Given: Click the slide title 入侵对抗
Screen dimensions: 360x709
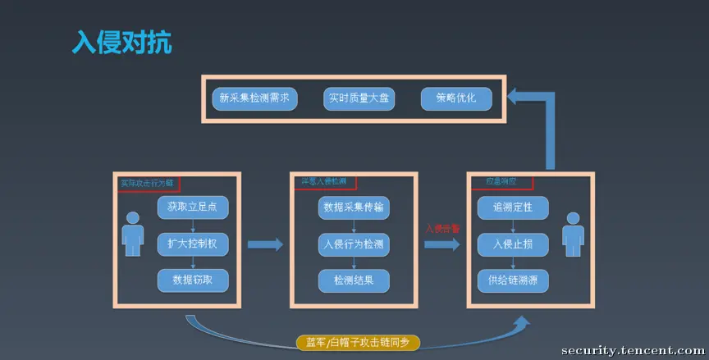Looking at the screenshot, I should coord(122,43).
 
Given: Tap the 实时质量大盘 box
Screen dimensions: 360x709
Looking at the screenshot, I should coord(359,99).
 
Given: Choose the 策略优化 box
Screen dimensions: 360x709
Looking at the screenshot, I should coord(457,99).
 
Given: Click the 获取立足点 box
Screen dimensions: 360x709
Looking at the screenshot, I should coord(192,206).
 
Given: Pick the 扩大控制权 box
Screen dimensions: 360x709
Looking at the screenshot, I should coord(192,244).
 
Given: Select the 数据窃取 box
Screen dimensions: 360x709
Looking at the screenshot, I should coord(192,280).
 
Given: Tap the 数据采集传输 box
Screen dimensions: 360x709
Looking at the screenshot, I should coord(354,207).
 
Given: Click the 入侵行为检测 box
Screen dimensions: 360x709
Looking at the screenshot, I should coord(354,244).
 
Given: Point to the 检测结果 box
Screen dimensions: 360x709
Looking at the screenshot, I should coord(354,280).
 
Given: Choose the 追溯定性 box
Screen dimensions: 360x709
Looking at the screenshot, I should coord(513,207).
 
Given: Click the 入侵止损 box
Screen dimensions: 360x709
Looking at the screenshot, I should coord(513,244).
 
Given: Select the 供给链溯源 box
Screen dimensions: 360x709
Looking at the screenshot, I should coord(513,280).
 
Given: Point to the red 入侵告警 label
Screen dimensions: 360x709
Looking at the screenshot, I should coord(442,229).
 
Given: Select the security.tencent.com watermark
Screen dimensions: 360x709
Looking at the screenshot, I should coord(633,350).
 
